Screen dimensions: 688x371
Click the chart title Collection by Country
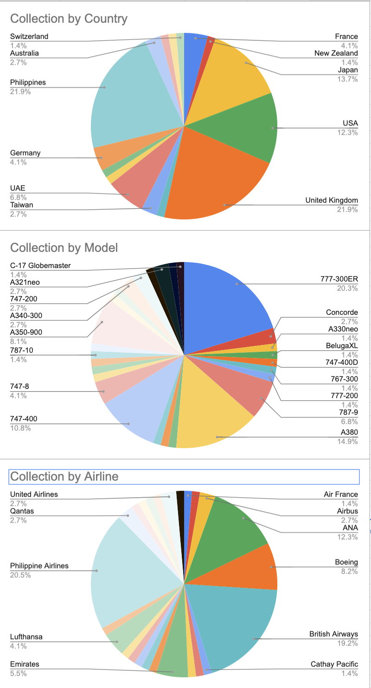click(x=69, y=19)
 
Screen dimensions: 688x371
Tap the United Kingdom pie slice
click(x=218, y=181)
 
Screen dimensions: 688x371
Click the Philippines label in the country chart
click(x=28, y=82)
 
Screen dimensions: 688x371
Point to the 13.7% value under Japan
click(x=349, y=79)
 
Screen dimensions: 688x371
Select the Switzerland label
click(x=29, y=37)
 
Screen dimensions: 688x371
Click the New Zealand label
click(x=336, y=53)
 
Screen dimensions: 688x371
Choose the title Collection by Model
click(x=64, y=248)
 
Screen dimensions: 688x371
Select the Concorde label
click(x=342, y=313)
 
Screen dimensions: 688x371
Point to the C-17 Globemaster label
click(x=40, y=266)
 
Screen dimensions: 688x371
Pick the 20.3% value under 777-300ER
click(x=349, y=288)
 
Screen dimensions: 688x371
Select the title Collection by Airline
click(x=64, y=476)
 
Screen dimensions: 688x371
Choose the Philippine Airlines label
click(x=39, y=566)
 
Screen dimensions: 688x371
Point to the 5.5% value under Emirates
click(x=18, y=674)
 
